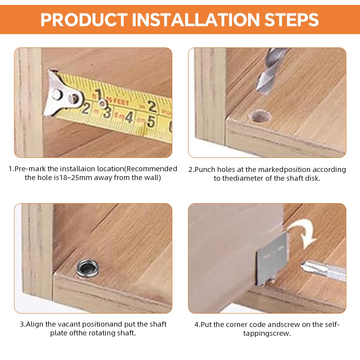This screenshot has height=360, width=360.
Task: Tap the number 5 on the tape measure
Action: tap(151, 122)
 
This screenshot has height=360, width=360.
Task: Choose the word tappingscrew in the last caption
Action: tap(267, 333)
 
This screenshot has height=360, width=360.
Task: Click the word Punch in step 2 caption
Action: tap(205, 169)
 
